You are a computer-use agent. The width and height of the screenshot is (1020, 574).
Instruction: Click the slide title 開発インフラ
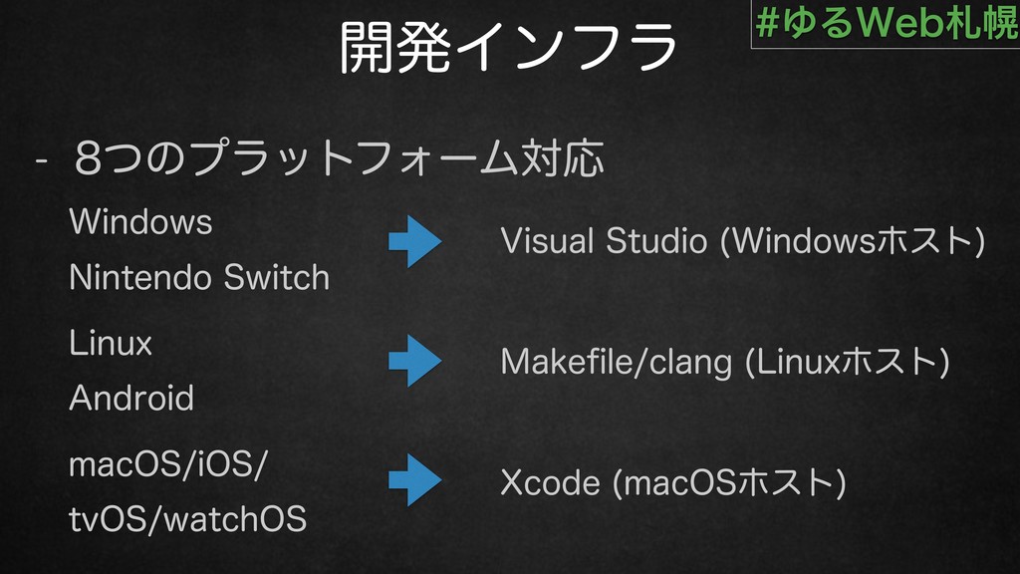(509, 46)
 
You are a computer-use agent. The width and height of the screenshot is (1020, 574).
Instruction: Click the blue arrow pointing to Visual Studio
(415, 241)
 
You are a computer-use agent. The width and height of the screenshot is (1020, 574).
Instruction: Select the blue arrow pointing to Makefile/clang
(415, 361)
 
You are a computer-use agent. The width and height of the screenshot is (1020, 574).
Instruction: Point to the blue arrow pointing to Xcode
(415, 480)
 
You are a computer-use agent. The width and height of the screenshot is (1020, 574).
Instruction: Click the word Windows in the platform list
(140, 222)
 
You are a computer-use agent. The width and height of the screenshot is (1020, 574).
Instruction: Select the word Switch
(277, 278)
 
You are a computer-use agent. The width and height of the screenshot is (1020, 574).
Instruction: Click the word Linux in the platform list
(111, 343)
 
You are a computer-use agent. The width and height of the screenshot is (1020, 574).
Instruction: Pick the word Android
(131, 398)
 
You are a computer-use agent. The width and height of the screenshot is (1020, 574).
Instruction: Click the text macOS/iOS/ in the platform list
(168, 465)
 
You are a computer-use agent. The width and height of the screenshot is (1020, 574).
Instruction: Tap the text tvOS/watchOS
(188, 520)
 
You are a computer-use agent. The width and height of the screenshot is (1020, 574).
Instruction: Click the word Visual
(548, 241)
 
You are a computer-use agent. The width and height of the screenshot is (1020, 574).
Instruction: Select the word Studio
(656, 241)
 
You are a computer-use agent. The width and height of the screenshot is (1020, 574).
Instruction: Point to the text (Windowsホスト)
(853, 241)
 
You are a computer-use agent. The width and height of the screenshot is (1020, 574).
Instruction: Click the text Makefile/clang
(617, 362)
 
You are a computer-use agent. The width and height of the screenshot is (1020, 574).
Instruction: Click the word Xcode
(550, 483)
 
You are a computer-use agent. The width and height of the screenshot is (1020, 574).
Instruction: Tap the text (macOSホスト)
(729, 483)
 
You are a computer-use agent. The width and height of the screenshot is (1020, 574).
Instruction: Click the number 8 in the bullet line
(89, 158)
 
